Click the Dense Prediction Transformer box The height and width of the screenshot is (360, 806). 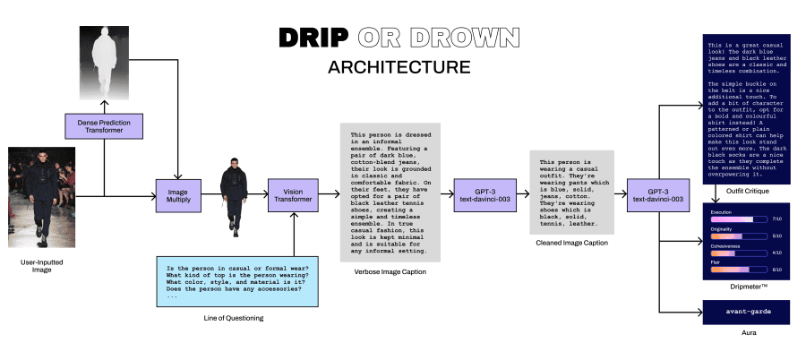point(104,125)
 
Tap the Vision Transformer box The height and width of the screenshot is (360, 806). point(294,194)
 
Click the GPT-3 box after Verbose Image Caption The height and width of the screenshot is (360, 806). point(480,194)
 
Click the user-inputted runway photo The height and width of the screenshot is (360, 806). point(37,196)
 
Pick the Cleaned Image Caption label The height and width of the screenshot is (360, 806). point(570,244)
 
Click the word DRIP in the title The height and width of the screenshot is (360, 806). point(313,38)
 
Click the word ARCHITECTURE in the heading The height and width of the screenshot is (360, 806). point(399,67)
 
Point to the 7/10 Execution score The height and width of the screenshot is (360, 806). point(776,219)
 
